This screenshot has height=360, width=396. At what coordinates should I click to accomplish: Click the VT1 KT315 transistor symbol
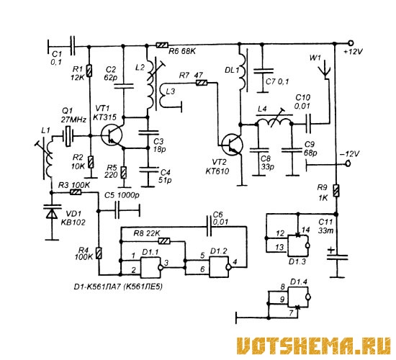coord(111,135)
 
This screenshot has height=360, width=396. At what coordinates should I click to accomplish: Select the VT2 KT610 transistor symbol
coord(232,145)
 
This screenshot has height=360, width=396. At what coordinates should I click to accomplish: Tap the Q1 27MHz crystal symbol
coord(68,136)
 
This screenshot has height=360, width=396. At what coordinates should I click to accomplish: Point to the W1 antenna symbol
coord(324,69)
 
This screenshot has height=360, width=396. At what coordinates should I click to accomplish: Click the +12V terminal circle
coord(351,42)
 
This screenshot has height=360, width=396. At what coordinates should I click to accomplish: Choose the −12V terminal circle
coord(348,163)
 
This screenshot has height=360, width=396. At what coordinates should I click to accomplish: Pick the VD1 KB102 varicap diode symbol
coord(53,212)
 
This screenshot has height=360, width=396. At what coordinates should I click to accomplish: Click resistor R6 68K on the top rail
coord(162,45)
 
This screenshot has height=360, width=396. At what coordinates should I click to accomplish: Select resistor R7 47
coord(202,82)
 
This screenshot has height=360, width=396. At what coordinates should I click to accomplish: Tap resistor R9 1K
coord(336,191)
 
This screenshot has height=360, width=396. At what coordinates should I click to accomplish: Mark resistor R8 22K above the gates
coord(164,241)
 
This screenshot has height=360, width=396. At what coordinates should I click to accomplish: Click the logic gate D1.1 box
coord(151,267)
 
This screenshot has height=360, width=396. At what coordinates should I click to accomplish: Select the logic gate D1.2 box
coord(220,266)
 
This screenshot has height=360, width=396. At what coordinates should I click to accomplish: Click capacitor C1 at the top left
coord(73,46)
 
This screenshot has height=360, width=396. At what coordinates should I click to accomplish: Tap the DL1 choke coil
coord(242,71)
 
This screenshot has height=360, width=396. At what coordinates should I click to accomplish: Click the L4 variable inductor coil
coord(274,122)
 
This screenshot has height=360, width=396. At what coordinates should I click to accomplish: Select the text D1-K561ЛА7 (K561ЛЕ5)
coord(118,287)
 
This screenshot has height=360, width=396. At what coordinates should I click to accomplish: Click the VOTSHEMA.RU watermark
coord(314,346)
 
